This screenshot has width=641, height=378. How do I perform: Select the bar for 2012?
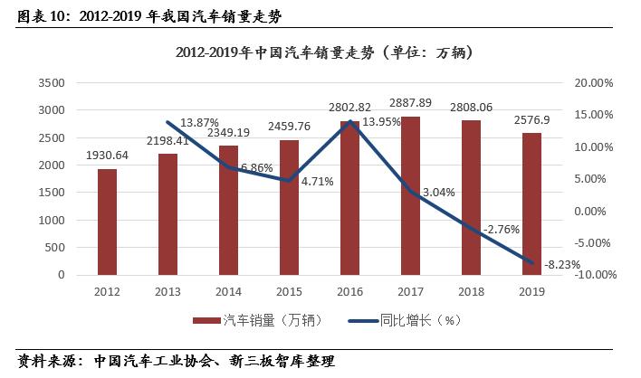[x=108, y=222]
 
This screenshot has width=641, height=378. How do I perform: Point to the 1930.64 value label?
[x=108, y=156]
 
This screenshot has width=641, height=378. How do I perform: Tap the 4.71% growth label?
[x=317, y=181]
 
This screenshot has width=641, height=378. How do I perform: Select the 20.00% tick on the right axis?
[x=595, y=82]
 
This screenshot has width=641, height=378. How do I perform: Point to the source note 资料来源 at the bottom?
[x=176, y=362]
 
